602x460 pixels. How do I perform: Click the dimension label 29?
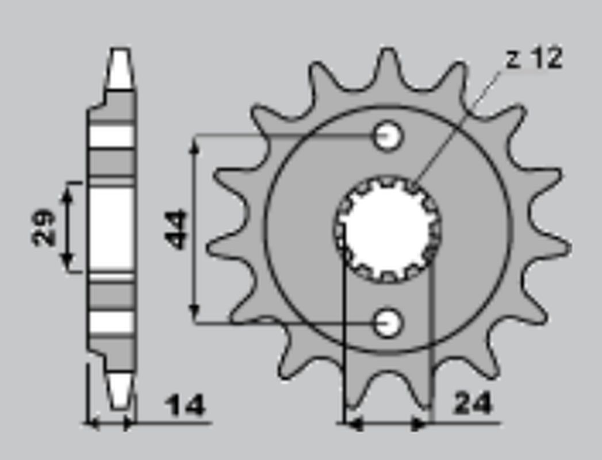click(x=44, y=228)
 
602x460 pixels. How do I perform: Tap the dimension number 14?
click(x=185, y=406)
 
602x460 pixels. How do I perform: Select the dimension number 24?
click(x=473, y=404)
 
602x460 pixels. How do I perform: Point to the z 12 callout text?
click(x=534, y=59)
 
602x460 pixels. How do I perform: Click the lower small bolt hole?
click(x=388, y=323)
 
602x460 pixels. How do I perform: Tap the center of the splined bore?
click(x=388, y=229)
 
